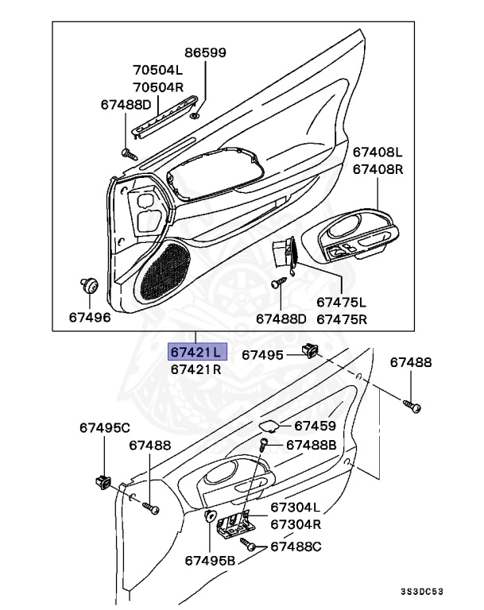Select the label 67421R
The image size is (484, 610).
coord(195,369)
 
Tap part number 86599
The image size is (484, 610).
coord(206,53)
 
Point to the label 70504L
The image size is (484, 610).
coord(158,69)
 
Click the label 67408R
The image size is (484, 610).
coord(378,169)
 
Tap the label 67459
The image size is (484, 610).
coord(315,427)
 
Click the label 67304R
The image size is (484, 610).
coord(295,524)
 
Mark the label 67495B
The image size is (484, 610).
coord(211,559)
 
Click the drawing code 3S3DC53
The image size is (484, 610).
coord(444,593)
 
